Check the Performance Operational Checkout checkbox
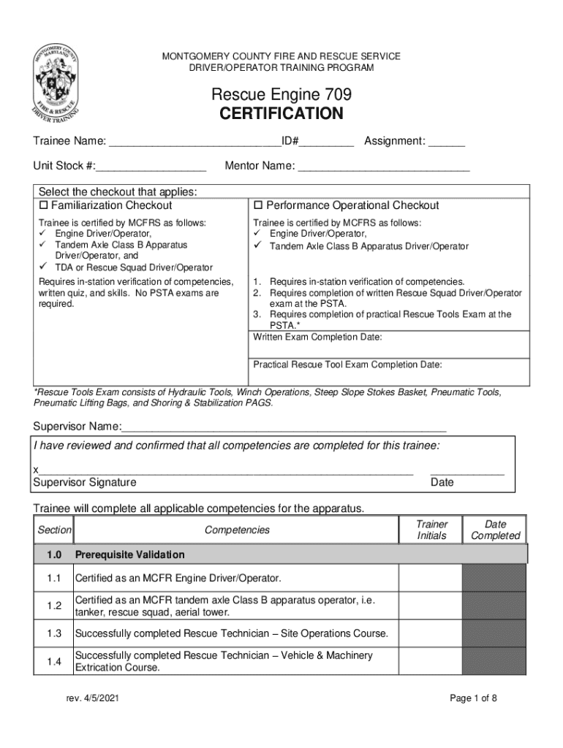click(x=258, y=206)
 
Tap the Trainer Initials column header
click(x=431, y=530)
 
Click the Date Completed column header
click(x=495, y=530)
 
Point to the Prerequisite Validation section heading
click(x=129, y=554)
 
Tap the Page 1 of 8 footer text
click(x=473, y=699)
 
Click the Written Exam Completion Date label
click(x=317, y=337)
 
